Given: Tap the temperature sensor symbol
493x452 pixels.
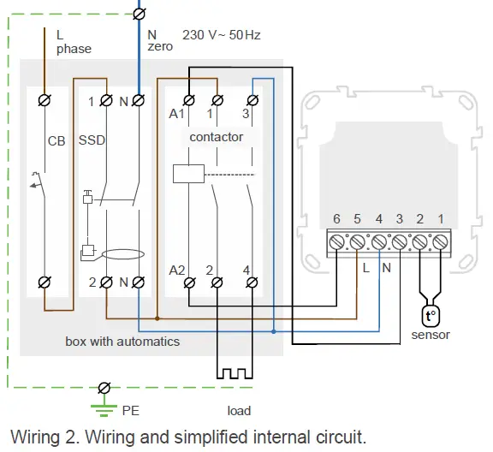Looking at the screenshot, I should click(x=431, y=316).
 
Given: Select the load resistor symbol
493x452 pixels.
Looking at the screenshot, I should click(x=231, y=373).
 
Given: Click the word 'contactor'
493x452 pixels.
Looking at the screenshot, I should click(x=216, y=137).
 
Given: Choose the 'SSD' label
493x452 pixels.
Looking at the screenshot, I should click(x=92, y=140).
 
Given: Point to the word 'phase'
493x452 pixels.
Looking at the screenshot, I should click(x=74, y=49).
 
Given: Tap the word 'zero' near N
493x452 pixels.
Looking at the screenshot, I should click(x=159, y=47).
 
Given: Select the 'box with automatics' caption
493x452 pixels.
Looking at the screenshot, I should click(x=122, y=341).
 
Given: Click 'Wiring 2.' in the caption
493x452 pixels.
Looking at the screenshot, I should click(x=43, y=437).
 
